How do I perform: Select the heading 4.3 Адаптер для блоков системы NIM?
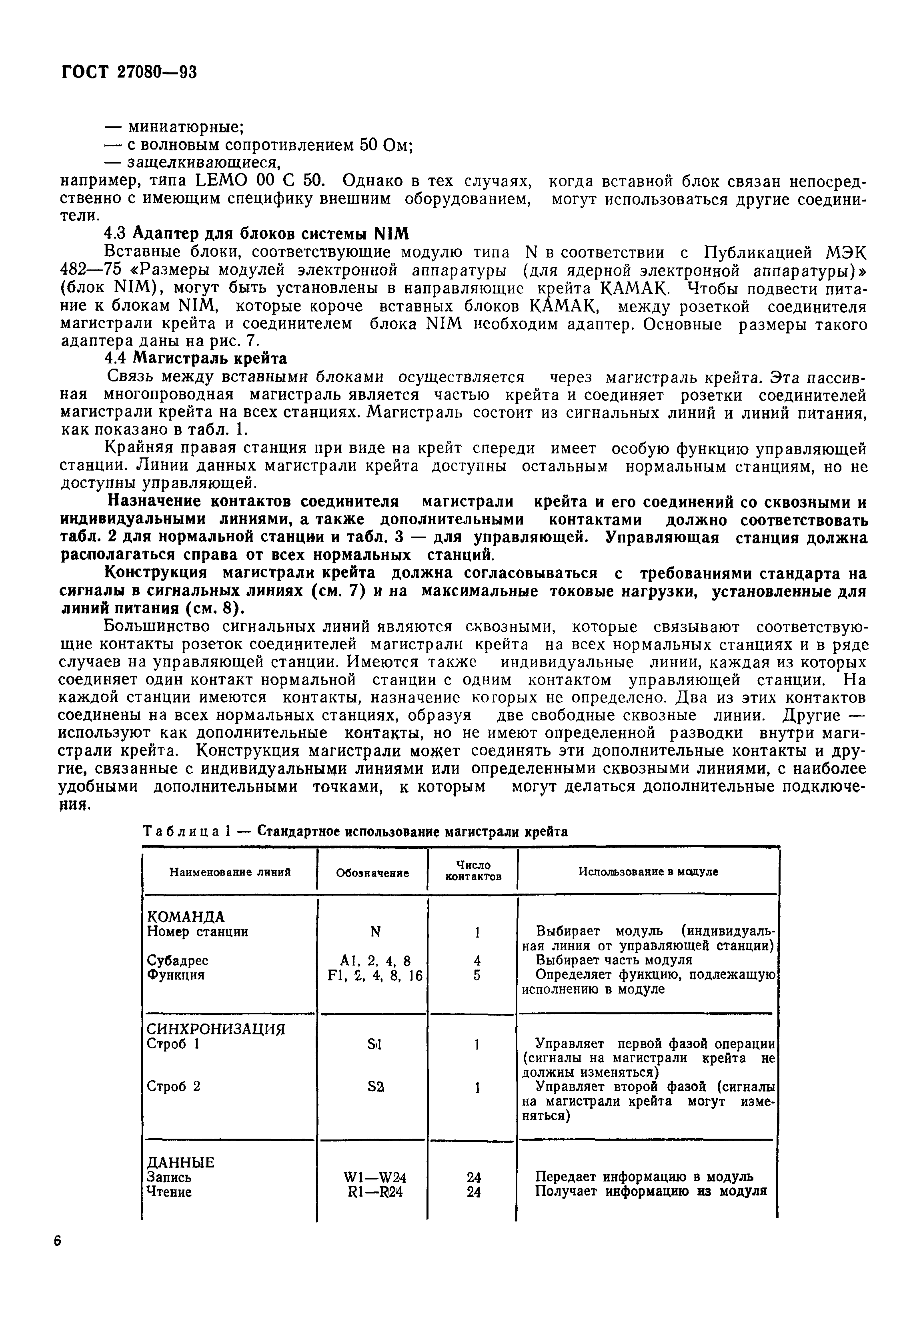(x=257, y=233)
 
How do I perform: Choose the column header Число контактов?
(x=473, y=871)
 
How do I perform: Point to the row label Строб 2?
(x=173, y=1086)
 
